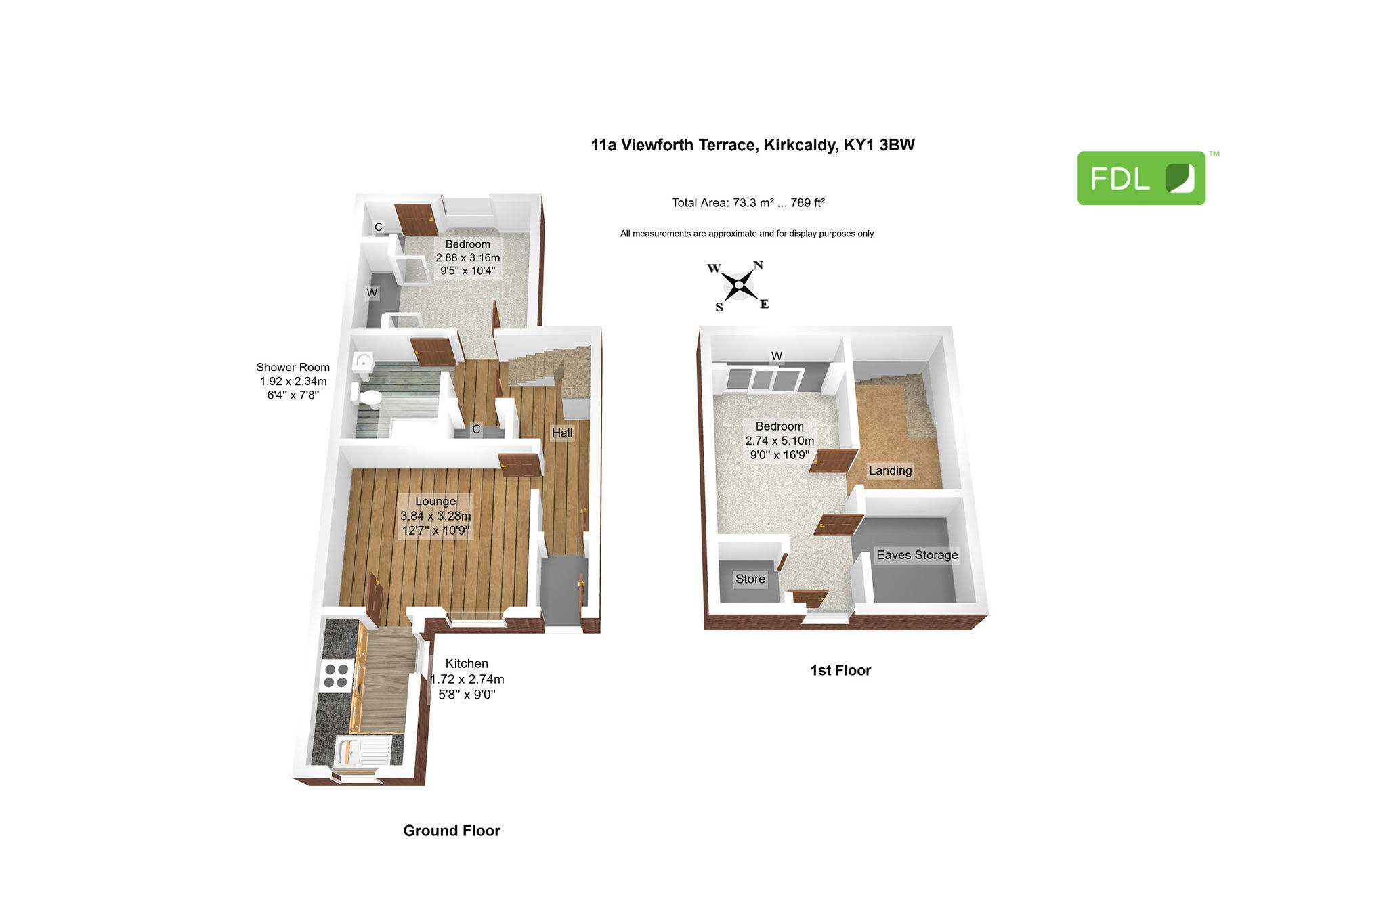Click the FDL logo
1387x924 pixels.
click(x=1141, y=178)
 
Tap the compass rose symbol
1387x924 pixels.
click(x=739, y=285)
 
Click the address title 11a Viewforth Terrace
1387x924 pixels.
click(x=752, y=145)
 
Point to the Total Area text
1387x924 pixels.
click(x=748, y=202)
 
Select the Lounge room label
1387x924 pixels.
click(x=435, y=501)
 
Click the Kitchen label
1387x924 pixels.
click(x=467, y=663)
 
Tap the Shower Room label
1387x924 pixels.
click(x=293, y=367)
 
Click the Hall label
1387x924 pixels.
click(x=562, y=433)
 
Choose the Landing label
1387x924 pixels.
click(x=890, y=470)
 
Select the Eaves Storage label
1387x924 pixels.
click(x=917, y=555)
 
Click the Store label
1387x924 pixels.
click(x=750, y=579)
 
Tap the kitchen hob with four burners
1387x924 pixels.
click(x=337, y=676)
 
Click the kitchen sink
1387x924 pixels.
click(x=363, y=752)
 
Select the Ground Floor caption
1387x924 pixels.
click(x=452, y=831)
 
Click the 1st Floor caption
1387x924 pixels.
click(x=840, y=670)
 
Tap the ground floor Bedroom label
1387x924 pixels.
click(x=468, y=244)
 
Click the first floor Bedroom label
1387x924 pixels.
click(x=780, y=426)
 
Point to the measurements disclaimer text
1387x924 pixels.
click(x=747, y=234)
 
